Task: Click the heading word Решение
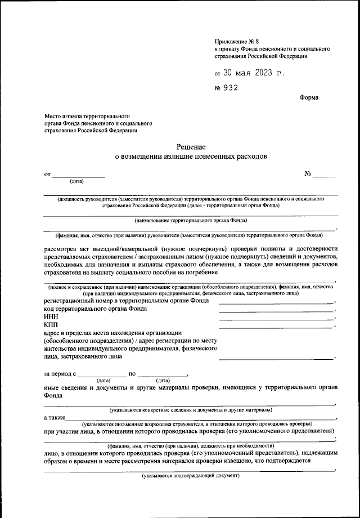pyautogui.click(x=191, y=146)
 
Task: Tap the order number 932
pyautogui.click(x=231, y=88)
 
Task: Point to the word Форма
pyautogui.click(x=309, y=97)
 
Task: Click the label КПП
pyautogui.click(x=51, y=325)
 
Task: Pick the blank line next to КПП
pyautogui.click(x=276, y=328)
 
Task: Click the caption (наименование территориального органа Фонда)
pyautogui.click(x=191, y=222)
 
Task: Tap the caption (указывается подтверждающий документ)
pyautogui.click(x=191, y=475)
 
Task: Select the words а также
pyautogui.click(x=54, y=417)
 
